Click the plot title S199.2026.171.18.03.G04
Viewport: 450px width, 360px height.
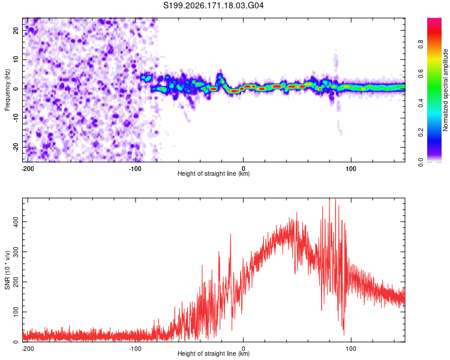[x=213, y=5]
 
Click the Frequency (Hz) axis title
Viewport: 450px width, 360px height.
[x=7, y=90]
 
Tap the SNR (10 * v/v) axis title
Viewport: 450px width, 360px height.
[x=7, y=270]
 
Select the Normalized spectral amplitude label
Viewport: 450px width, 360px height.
[x=445, y=90]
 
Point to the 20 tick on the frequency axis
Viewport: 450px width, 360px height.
[x=16, y=30]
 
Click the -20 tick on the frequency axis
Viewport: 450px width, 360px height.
[x=16, y=147]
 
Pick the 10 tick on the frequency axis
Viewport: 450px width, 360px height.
[x=16, y=59]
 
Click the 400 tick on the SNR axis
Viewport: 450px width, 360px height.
[x=16, y=221]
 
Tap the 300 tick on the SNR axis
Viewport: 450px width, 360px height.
[x=16, y=252]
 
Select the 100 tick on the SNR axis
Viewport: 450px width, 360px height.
[x=16, y=312]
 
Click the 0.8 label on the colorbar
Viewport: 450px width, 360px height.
[x=421, y=44]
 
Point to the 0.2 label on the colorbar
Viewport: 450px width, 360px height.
[x=421, y=133]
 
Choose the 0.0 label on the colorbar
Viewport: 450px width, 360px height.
[x=421, y=162]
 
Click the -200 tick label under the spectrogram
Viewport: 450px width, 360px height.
[x=28, y=169]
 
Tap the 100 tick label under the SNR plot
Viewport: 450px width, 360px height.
[x=351, y=349]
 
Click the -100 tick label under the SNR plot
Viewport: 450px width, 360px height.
[x=135, y=349]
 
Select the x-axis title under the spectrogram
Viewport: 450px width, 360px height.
[x=214, y=173]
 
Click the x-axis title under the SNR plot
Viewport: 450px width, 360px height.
[x=214, y=353]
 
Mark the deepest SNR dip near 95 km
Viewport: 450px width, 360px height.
[x=344, y=334]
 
